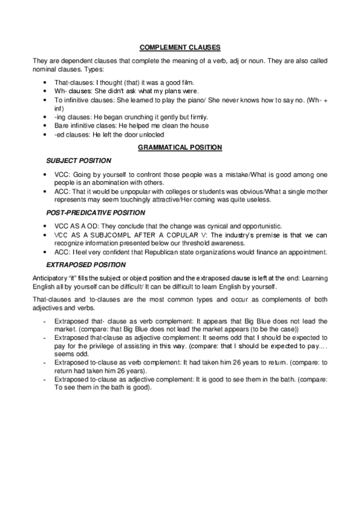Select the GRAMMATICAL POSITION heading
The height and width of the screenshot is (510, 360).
[x=180, y=147]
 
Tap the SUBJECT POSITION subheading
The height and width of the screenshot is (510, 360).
[x=79, y=161]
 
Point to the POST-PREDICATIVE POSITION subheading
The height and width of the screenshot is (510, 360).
[x=96, y=214]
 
